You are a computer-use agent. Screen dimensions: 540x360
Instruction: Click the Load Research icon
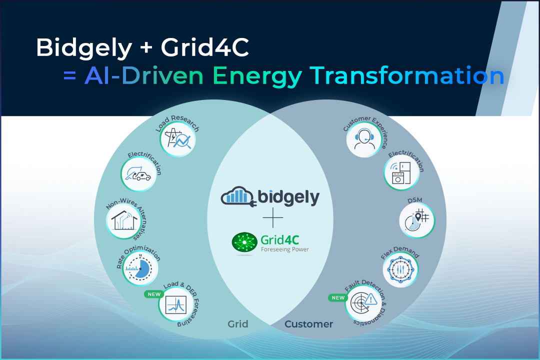click(x=177, y=139)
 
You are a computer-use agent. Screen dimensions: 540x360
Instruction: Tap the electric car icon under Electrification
click(x=138, y=174)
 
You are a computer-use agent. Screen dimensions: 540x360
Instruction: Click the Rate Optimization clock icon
click(x=140, y=268)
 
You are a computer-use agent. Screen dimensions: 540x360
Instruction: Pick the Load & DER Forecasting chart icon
click(x=176, y=304)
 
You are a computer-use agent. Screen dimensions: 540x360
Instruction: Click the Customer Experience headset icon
click(x=364, y=139)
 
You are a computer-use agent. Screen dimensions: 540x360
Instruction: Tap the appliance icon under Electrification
click(x=401, y=172)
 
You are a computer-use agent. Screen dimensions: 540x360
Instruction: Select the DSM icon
click(x=417, y=220)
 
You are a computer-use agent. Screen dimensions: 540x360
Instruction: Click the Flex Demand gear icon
click(x=400, y=269)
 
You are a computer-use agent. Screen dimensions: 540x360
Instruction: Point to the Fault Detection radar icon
click(x=363, y=303)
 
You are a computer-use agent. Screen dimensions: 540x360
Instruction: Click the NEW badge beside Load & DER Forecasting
click(x=154, y=294)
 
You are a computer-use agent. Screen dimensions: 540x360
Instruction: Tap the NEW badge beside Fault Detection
click(x=338, y=297)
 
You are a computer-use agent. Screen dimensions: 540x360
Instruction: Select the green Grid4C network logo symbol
click(x=244, y=242)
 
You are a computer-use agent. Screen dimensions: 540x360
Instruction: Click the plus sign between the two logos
click(x=273, y=217)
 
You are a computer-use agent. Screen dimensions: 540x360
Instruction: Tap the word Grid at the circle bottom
click(x=237, y=324)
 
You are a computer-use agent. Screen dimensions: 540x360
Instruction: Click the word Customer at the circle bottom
click(x=308, y=324)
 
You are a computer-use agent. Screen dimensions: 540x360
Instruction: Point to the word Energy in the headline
click(x=257, y=76)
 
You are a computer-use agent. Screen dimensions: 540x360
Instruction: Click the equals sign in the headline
click(x=69, y=76)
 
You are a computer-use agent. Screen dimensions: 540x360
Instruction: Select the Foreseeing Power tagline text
click(x=285, y=249)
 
